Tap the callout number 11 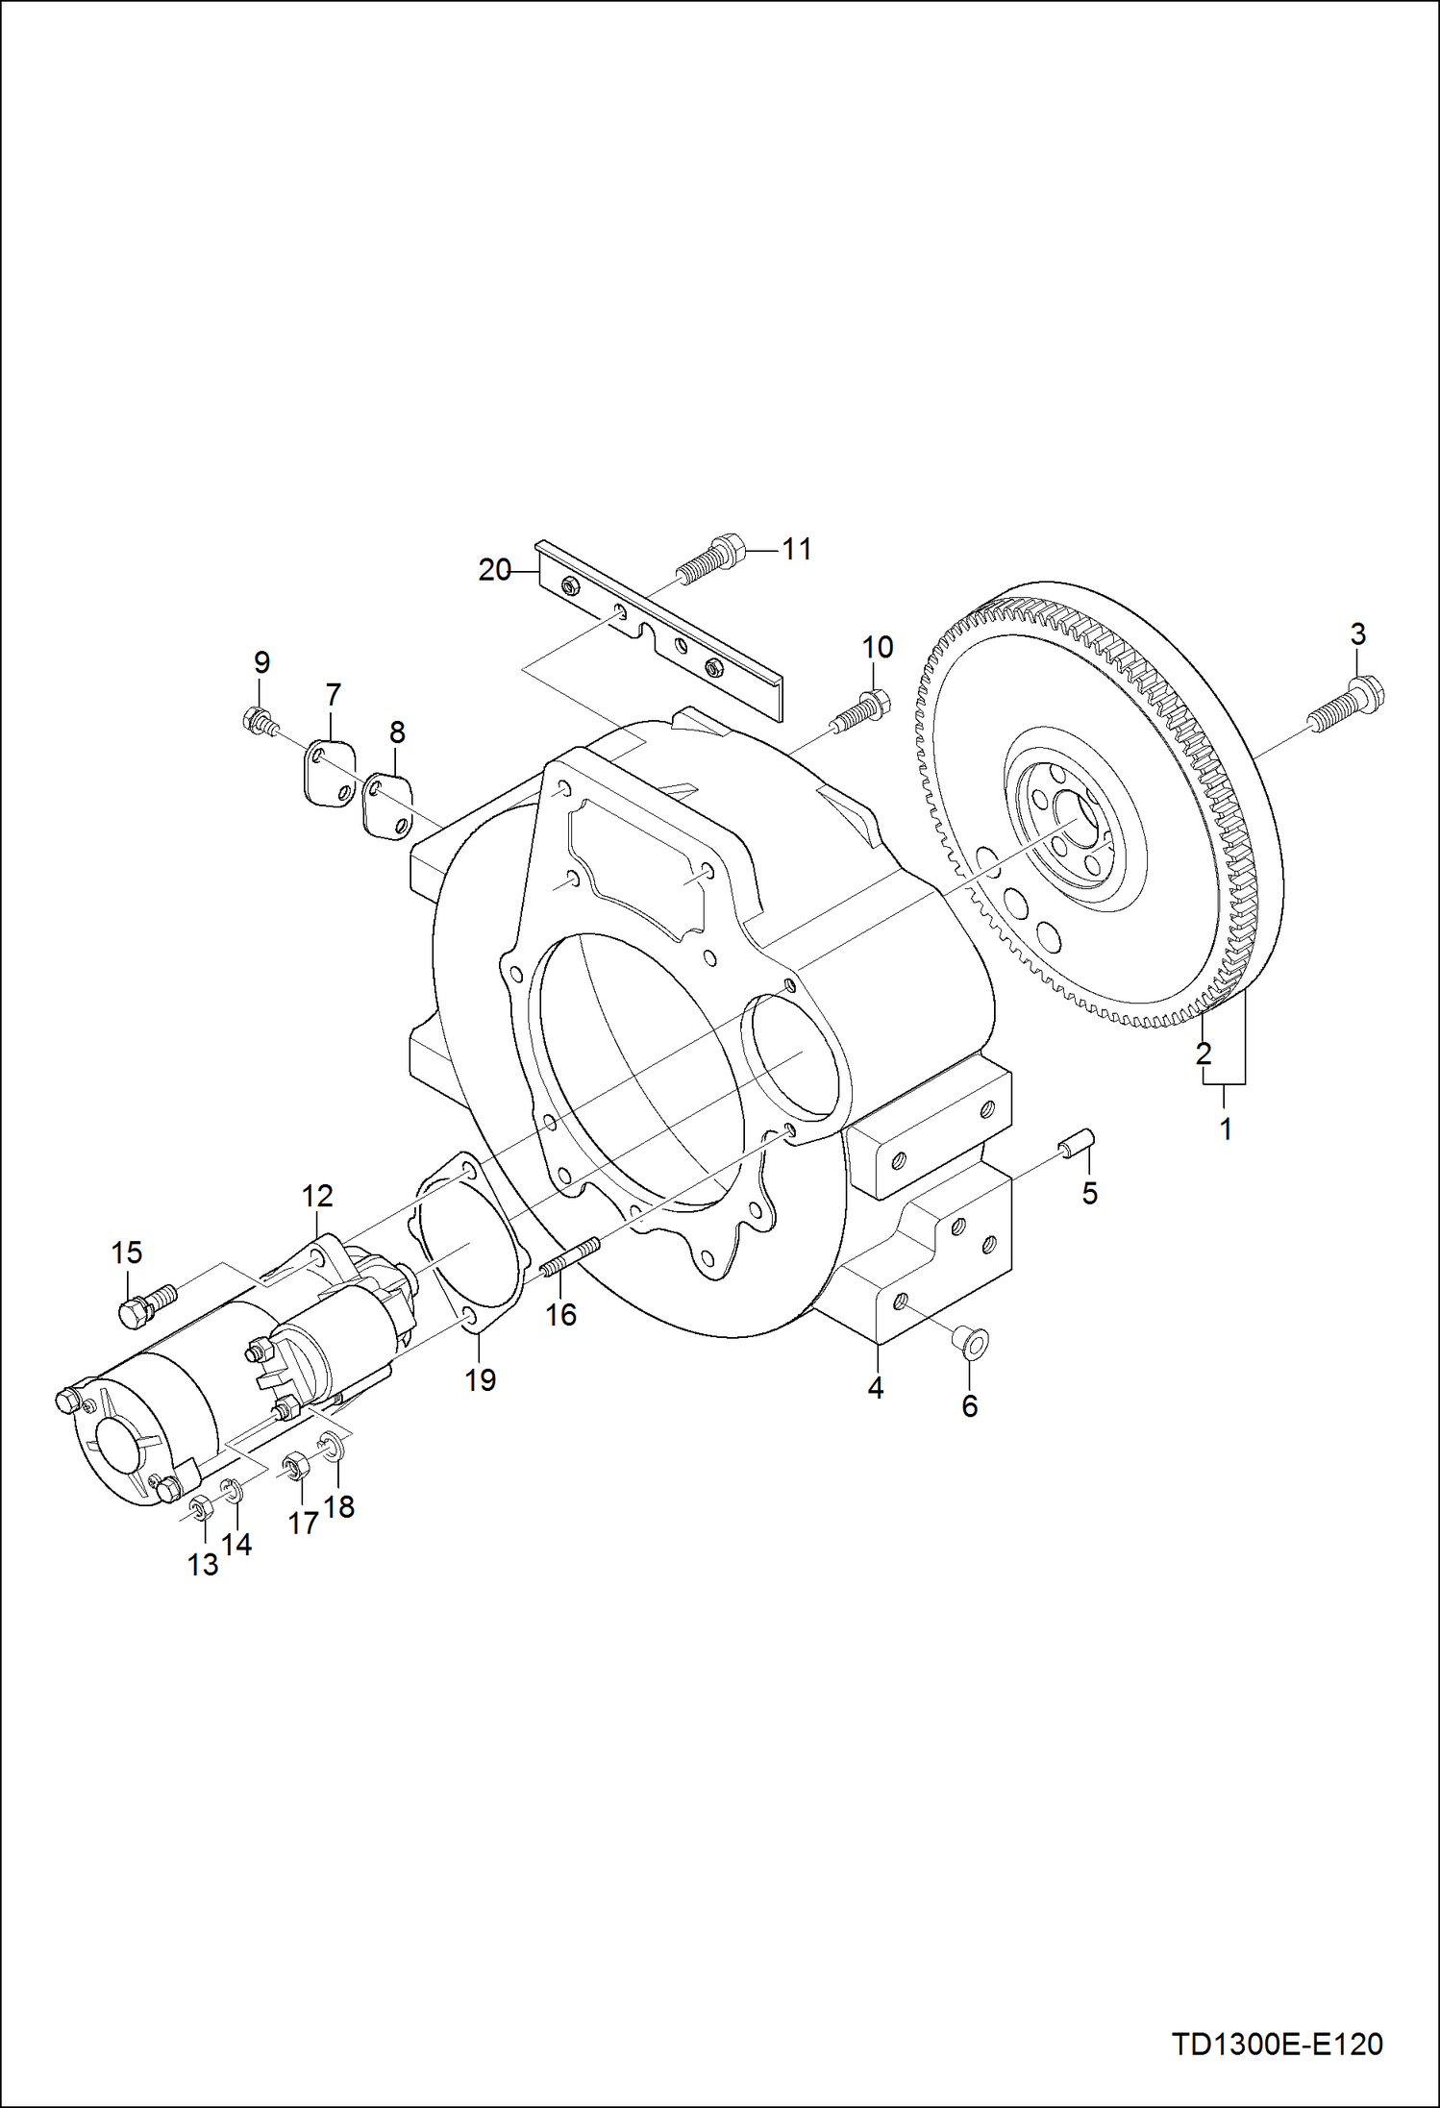coord(797,550)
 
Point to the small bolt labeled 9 coord(260,719)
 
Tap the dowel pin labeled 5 coord(1078,1146)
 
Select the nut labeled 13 coord(201,1508)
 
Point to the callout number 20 coord(494,571)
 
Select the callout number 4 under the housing coord(876,1388)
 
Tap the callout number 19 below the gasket coord(481,1379)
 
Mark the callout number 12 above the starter coord(317,1196)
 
